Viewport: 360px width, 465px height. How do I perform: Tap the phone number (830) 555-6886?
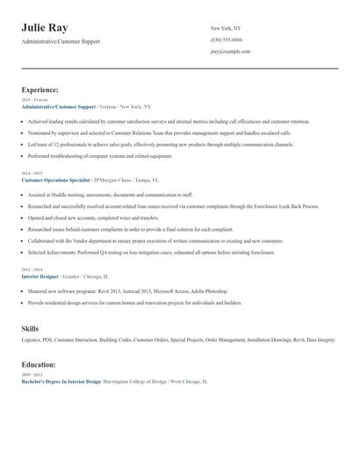[227, 39]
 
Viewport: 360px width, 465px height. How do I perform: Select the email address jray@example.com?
[230, 51]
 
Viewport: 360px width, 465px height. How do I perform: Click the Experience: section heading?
[40, 89]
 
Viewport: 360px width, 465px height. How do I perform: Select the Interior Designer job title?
[40, 275]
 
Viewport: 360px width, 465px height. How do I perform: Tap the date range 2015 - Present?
[35, 100]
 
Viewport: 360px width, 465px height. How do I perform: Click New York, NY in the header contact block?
[226, 28]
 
